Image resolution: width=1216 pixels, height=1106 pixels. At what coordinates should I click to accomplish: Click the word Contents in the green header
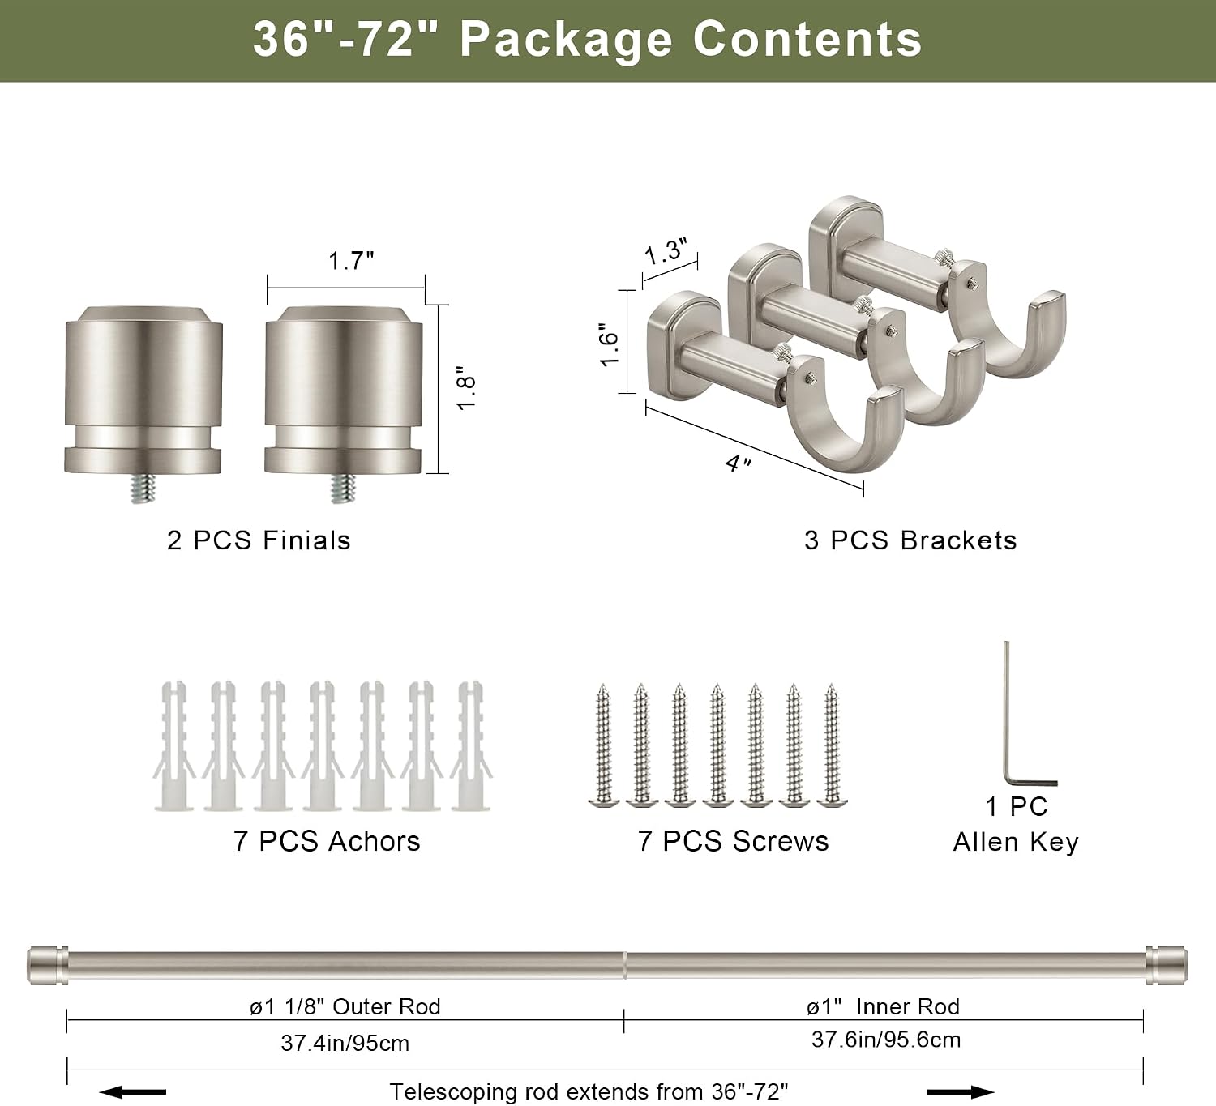tap(807, 40)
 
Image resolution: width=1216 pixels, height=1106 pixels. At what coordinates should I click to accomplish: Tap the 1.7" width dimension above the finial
tap(351, 261)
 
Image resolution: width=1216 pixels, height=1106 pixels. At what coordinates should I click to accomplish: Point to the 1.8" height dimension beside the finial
tap(466, 388)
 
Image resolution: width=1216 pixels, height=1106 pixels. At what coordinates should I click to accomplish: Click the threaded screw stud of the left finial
tap(143, 488)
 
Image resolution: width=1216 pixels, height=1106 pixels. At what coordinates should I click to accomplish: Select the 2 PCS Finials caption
tap(259, 540)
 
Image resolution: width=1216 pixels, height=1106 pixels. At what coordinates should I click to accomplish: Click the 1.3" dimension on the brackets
tap(666, 251)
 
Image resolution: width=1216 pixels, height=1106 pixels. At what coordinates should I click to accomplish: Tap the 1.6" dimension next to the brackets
tap(609, 344)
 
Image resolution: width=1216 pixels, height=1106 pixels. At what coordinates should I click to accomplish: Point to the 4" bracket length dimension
tap(739, 463)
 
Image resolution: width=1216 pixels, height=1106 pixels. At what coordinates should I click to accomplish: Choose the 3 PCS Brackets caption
tap(910, 540)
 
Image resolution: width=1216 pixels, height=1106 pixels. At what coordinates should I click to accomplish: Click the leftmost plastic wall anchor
tap(174, 745)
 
